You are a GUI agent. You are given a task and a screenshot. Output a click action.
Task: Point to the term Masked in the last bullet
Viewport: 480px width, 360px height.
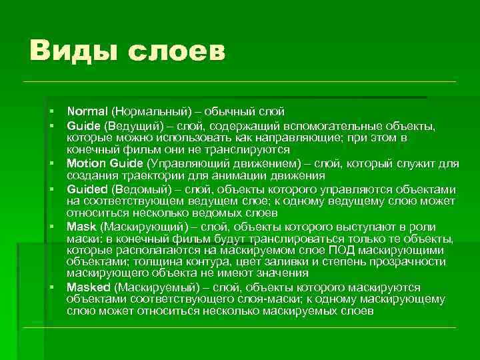tap(88, 287)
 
